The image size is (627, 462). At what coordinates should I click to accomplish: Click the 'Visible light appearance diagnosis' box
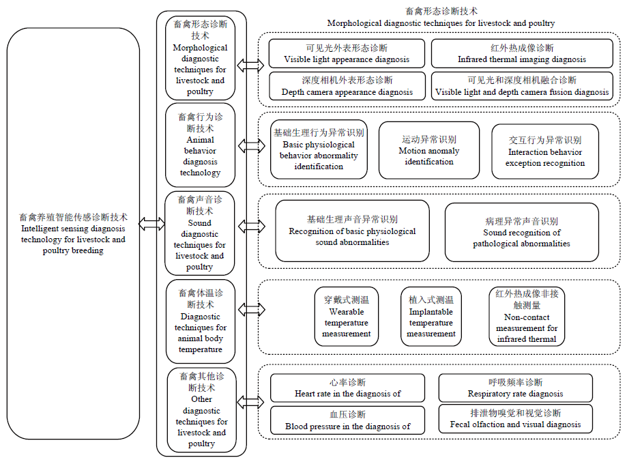[347, 53]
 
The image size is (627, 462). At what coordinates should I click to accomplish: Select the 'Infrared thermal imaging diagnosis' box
[522, 53]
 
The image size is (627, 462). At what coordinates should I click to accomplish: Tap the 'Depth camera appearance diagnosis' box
[347, 86]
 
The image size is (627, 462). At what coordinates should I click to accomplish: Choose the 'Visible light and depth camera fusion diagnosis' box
[522, 86]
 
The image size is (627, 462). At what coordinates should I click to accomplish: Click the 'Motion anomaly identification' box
[429, 150]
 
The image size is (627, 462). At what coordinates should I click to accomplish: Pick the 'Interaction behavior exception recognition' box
[545, 151]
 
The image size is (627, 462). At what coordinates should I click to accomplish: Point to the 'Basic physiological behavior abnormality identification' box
[319, 149]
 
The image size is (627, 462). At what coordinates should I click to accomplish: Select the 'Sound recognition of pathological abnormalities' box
[521, 233]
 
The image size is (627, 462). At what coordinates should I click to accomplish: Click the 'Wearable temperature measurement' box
[347, 317]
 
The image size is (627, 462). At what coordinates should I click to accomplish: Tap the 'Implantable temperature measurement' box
[431, 317]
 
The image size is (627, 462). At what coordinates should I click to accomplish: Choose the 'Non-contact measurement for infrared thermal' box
[527, 317]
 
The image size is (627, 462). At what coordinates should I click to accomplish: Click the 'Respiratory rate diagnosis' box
[515, 388]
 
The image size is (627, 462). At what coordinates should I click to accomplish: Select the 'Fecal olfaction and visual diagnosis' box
[515, 419]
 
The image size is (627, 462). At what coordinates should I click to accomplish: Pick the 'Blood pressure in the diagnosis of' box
[347, 420]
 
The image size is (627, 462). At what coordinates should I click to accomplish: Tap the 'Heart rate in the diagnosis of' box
[347, 388]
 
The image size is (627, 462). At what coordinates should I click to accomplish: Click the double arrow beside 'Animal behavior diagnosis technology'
[252, 146]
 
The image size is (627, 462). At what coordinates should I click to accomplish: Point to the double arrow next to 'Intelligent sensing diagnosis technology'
[152, 223]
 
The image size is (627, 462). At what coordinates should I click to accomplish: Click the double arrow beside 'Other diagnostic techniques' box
[250, 402]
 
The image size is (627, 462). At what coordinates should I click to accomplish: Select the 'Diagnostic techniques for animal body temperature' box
[201, 321]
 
